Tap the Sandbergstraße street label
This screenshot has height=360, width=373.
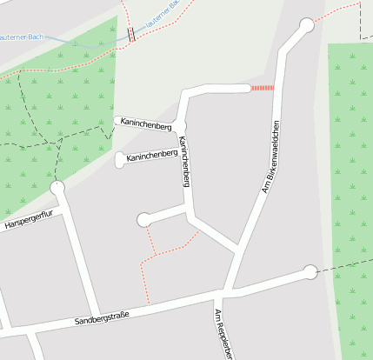tap(102, 319)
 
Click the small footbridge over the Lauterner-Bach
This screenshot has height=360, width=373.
tap(131, 35)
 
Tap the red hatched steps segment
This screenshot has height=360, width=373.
tap(262, 88)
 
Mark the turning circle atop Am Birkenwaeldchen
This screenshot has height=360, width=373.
tap(306, 25)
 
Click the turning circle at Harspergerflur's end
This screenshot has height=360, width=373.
tap(58, 187)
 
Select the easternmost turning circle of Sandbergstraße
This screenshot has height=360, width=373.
tap(310, 272)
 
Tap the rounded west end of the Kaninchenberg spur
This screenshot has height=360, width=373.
tap(120, 159)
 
